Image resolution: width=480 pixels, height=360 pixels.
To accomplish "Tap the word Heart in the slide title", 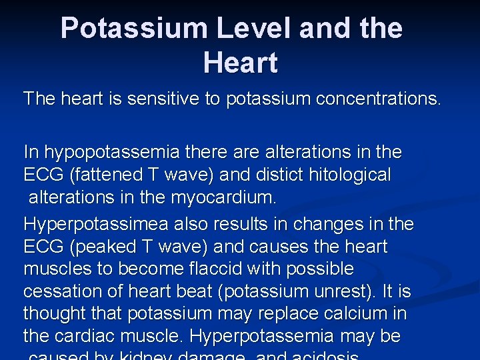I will click(x=240, y=63).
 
